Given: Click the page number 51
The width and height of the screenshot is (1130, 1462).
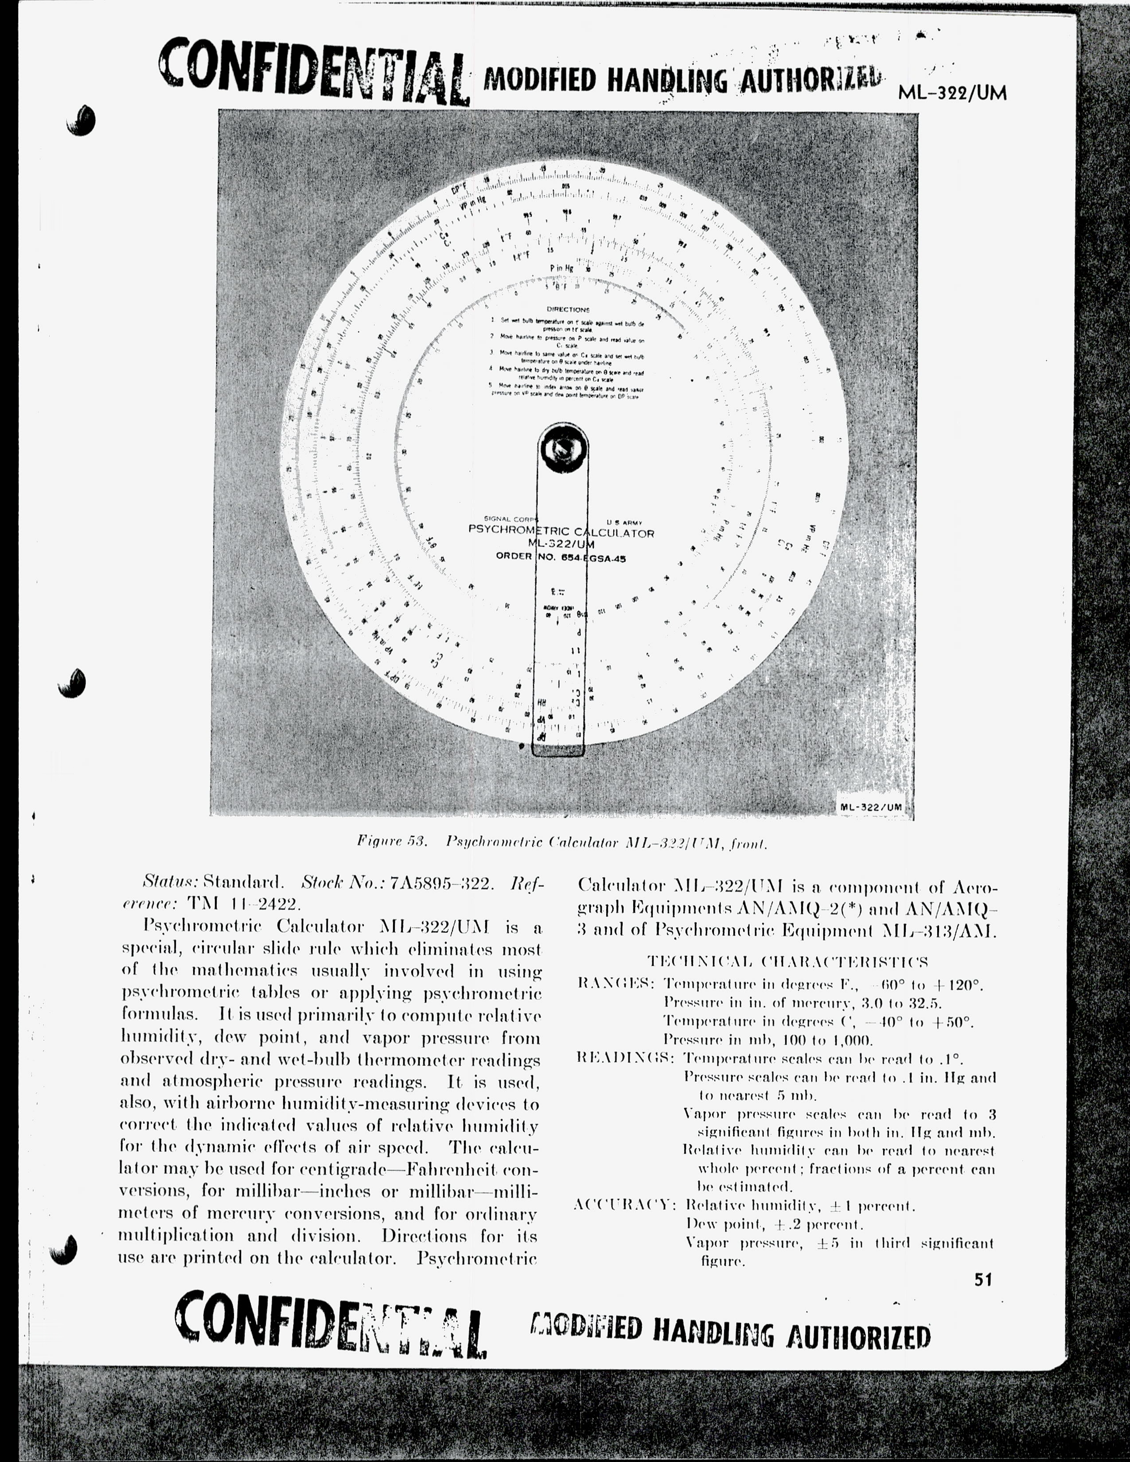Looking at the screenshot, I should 982,1280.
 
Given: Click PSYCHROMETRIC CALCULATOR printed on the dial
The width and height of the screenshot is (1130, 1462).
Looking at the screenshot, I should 561,533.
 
